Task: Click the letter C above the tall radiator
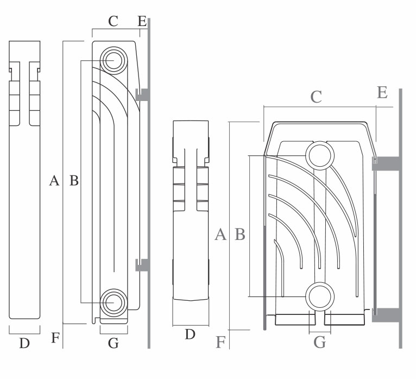pos(113,21)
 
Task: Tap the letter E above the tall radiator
pos(142,21)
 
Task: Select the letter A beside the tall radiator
pos(54,181)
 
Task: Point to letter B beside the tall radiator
pos(74,181)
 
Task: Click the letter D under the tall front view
pos(24,343)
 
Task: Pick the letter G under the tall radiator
pos(113,343)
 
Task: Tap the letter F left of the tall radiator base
pos(55,338)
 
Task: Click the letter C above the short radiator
pos(316,97)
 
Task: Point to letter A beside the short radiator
pos(220,235)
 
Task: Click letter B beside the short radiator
pos(239,235)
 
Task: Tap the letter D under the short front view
pos(190,334)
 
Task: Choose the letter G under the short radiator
pos(320,342)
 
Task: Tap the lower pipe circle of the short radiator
pos(319,296)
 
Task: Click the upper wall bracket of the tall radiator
pos(142,94)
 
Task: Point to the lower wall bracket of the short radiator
pos(387,314)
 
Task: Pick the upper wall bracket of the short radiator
pos(387,163)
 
